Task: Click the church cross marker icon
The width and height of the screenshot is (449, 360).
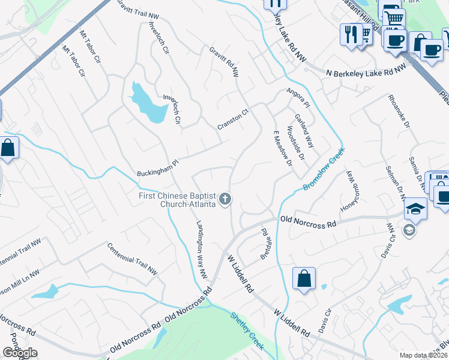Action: (x=225, y=199)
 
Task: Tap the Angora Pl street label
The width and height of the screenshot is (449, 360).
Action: (x=298, y=98)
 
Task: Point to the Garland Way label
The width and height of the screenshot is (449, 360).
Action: (x=304, y=131)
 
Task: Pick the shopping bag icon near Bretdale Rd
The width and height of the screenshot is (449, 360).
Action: (x=304, y=278)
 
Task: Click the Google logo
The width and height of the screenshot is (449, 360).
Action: (x=20, y=353)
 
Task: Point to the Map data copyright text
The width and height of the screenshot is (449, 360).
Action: (x=423, y=355)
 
